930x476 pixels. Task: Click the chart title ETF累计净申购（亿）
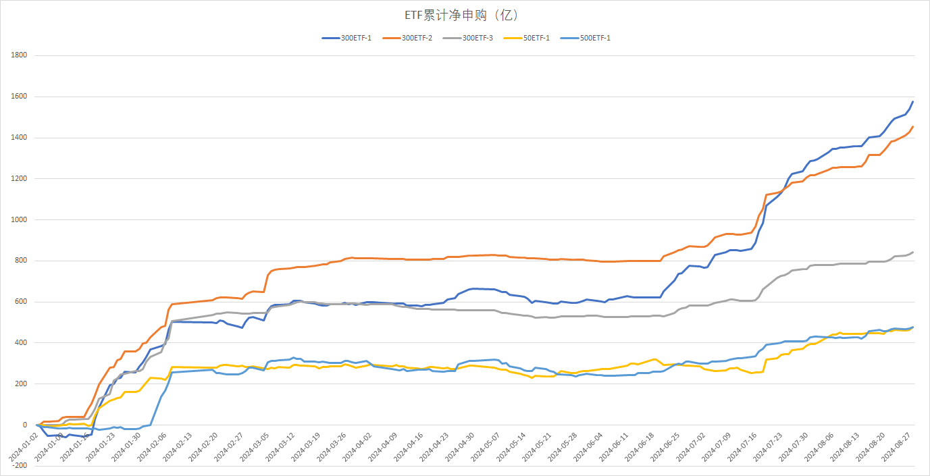[x=464, y=15]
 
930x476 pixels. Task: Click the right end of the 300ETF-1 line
[x=913, y=102]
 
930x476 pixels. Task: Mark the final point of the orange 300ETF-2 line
[x=913, y=126]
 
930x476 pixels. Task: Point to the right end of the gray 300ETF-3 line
[x=913, y=253]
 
